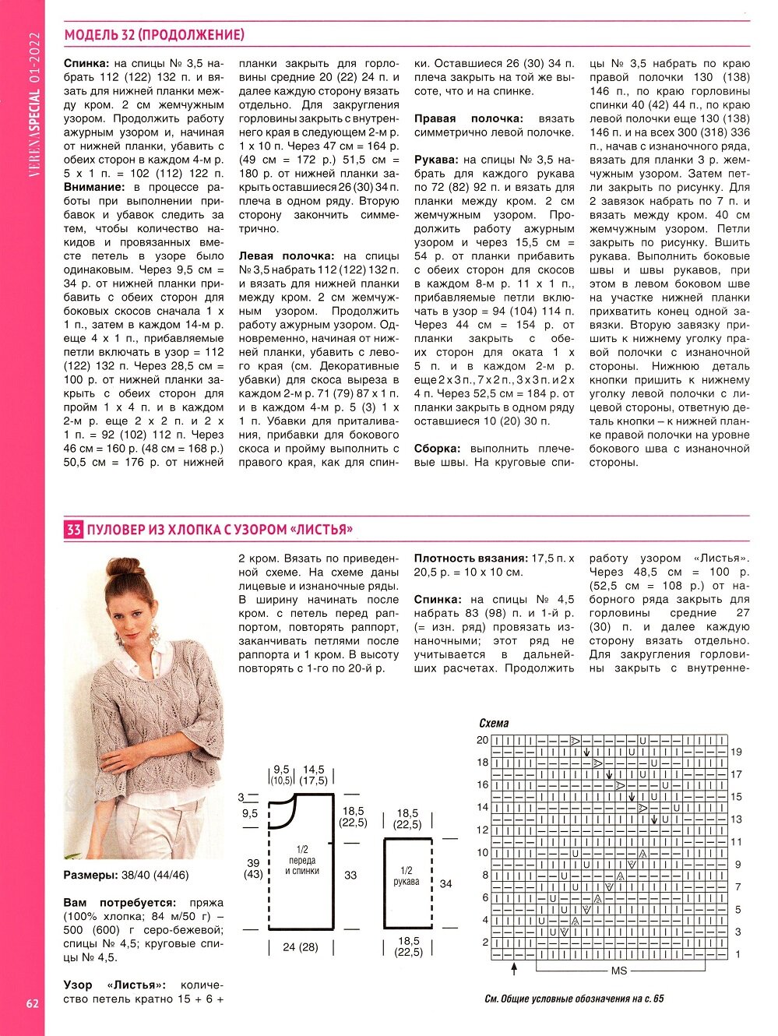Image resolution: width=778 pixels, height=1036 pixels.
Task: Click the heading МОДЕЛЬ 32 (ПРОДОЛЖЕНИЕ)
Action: (x=154, y=35)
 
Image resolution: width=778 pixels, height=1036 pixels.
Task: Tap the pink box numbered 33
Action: (x=73, y=530)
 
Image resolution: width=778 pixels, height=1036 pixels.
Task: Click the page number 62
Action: (x=32, y=1003)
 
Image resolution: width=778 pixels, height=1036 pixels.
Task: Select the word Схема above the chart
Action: (x=494, y=723)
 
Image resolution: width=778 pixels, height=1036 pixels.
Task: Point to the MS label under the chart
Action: (x=619, y=971)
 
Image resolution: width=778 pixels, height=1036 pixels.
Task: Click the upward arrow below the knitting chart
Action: (x=514, y=968)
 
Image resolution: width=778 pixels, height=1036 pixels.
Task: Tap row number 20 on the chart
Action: (x=483, y=740)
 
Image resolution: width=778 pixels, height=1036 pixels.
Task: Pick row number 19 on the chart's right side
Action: (x=736, y=752)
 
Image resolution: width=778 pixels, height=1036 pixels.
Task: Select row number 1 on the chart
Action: (x=738, y=953)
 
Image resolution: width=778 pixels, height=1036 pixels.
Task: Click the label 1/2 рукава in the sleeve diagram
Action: (x=407, y=876)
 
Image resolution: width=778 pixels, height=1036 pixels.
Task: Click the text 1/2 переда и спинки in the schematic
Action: (x=302, y=860)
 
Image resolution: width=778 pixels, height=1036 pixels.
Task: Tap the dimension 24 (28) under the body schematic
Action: (x=301, y=947)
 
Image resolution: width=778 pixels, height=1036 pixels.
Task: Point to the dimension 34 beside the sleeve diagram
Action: (x=445, y=883)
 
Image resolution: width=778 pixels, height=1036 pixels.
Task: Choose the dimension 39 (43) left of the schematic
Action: (x=253, y=869)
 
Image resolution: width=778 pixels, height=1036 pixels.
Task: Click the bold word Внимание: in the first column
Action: (x=94, y=187)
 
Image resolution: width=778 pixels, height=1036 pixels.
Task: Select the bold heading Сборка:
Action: (x=437, y=449)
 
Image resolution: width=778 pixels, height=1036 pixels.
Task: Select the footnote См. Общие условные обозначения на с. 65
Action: (x=574, y=999)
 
